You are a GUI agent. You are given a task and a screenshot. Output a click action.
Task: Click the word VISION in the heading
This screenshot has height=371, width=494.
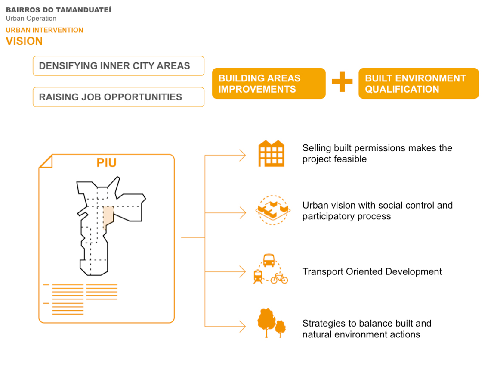point(24,41)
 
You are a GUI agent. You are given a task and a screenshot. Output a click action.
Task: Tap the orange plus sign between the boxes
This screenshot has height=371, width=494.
point(342,82)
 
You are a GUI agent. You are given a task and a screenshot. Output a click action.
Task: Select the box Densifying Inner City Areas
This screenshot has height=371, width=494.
point(118,66)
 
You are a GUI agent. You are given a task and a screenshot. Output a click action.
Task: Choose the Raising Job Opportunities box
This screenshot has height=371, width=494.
point(118,97)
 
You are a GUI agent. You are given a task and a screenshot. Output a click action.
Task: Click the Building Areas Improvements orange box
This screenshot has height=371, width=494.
point(269,84)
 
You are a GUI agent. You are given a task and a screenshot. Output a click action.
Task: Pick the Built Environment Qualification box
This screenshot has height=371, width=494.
point(419,84)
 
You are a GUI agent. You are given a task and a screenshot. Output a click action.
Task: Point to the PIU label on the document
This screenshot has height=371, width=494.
point(106,163)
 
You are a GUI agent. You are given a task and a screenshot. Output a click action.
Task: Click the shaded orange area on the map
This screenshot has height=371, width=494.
point(108,216)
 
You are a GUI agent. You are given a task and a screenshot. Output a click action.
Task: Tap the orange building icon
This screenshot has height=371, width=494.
point(271,154)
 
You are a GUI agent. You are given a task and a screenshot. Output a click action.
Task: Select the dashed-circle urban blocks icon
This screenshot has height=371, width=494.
point(273,210)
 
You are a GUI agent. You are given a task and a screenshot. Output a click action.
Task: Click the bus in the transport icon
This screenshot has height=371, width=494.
point(269,260)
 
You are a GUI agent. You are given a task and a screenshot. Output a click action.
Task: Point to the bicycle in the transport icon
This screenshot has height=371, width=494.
point(279,278)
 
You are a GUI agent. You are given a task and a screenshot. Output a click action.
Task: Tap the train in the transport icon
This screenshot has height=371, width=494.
point(258,277)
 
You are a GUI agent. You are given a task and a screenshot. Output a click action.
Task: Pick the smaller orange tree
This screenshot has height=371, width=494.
point(281,328)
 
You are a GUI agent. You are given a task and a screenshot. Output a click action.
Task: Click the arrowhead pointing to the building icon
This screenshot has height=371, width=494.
point(243,156)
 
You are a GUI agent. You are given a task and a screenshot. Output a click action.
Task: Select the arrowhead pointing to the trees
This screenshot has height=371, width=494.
point(243,327)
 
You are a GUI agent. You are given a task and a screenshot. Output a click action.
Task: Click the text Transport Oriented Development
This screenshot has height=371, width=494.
point(372,271)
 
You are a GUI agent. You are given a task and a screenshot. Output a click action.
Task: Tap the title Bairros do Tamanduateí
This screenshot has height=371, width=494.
point(59,10)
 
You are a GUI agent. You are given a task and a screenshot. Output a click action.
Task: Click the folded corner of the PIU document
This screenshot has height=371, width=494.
point(46,161)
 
